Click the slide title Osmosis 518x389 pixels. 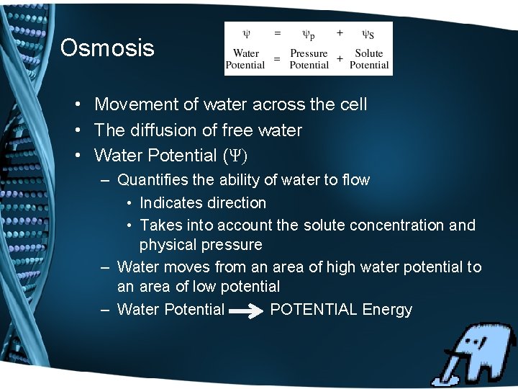coord(107,48)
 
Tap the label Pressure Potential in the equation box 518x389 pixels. coord(309,59)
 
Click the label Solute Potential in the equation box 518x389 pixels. coord(369,59)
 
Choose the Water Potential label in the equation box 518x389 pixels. coord(246,59)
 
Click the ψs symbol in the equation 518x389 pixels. coord(367,34)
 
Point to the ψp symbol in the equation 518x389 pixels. coord(308,34)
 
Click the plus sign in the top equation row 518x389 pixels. coord(340,32)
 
